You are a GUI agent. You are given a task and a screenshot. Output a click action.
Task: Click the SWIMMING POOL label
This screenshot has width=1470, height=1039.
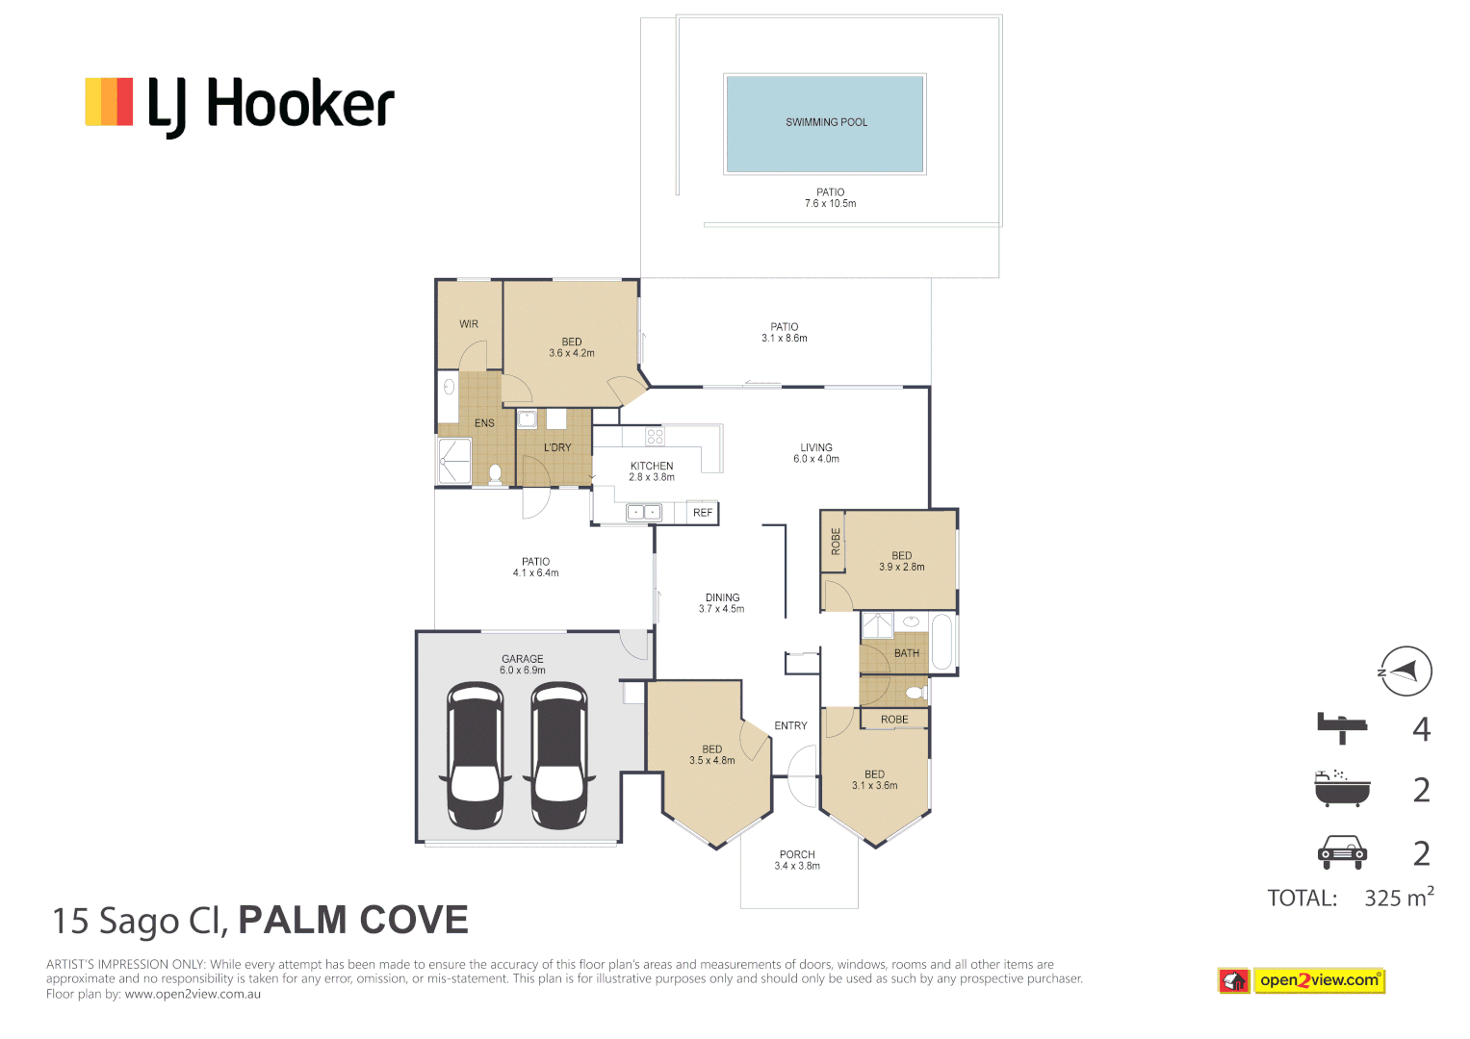[x=826, y=122]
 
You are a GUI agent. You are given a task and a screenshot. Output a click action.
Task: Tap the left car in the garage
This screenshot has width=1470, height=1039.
[x=476, y=755]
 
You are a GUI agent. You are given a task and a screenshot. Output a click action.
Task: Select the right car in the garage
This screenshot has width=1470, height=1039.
[x=559, y=755]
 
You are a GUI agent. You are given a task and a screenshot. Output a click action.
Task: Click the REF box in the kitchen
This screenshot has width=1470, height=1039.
[x=703, y=513]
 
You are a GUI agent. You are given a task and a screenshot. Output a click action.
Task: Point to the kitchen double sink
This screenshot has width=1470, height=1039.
[x=643, y=513]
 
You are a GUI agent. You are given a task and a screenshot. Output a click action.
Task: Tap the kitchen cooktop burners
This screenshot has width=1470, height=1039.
[x=656, y=437]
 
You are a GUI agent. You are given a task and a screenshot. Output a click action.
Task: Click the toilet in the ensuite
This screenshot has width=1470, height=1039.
[x=496, y=472]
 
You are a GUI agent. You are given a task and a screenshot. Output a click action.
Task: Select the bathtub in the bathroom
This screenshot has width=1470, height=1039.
[x=941, y=642]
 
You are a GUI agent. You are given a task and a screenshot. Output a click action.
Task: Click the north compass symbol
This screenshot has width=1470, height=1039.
[x=1405, y=671]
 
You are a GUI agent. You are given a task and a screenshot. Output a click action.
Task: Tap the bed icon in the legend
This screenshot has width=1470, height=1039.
[x=1342, y=727]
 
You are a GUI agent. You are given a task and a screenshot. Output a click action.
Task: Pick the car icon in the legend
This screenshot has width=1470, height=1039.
[x=1342, y=851]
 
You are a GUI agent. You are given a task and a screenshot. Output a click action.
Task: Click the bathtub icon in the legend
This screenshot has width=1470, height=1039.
[x=1342, y=788]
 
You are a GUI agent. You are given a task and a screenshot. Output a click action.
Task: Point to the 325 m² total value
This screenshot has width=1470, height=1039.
[x=1398, y=898]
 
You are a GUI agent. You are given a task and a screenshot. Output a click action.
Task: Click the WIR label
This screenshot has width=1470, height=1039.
[x=469, y=324]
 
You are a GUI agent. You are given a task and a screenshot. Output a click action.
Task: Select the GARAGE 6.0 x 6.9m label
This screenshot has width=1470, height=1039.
[x=523, y=665]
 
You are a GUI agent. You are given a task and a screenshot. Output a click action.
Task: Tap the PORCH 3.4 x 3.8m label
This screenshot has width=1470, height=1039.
[x=797, y=860]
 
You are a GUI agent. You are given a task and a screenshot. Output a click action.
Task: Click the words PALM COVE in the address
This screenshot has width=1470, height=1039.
[x=353, y=921]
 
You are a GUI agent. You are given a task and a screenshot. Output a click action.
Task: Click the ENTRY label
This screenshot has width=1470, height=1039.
[x=790, y=725]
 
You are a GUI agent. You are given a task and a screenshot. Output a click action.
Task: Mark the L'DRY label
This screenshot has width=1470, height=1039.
[x=557, y=447]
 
